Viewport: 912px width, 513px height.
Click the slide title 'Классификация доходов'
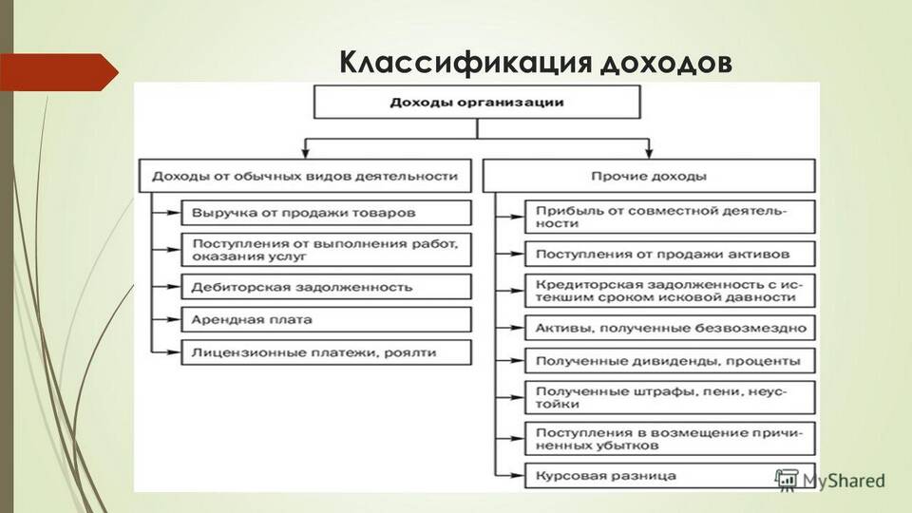536,63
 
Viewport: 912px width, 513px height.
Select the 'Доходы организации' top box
477,103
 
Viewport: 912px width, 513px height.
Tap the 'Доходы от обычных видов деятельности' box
305,176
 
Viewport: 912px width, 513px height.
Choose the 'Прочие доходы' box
649,176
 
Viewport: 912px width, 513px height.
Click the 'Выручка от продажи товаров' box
326,213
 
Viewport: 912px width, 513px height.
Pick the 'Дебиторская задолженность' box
326,287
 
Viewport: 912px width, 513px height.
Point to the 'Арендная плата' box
326,319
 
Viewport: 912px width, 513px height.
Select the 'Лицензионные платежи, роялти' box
326,352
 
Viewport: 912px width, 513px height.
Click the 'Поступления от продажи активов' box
670,255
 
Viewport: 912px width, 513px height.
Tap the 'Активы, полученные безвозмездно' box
670,328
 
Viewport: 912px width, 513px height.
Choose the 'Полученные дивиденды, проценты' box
670,361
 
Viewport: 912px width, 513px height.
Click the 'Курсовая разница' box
670,476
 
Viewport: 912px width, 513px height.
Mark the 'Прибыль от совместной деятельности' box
670,217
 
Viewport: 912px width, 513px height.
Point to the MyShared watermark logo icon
787,480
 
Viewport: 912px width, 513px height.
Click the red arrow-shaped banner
59,72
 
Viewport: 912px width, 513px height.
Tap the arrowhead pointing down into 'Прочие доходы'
649,153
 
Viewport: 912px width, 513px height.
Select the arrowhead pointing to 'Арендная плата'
174,319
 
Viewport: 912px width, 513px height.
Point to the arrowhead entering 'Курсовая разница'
518,476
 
